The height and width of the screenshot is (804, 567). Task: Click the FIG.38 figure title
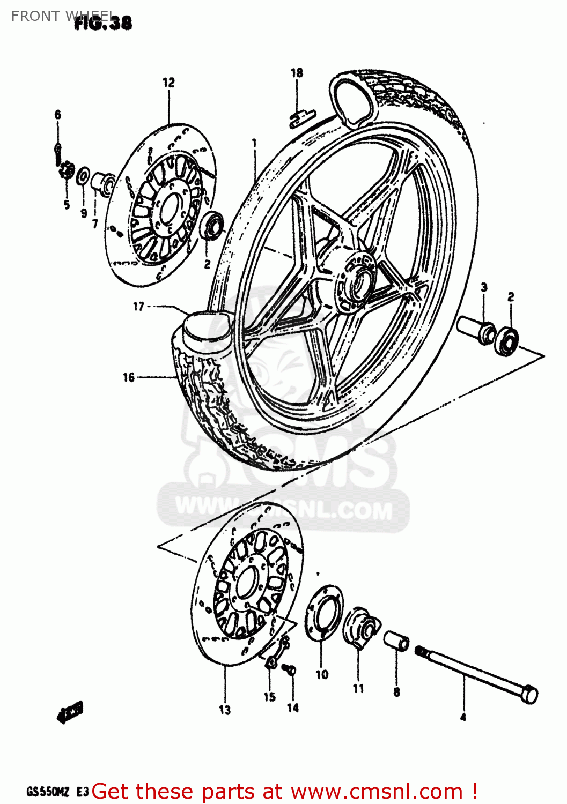point(102,23)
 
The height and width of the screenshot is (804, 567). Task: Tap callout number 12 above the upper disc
point(168,83)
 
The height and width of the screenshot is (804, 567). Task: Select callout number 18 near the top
point(297,73)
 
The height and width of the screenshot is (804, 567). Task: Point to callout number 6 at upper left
point(58,114)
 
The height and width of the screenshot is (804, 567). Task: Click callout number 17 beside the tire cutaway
point(138,307)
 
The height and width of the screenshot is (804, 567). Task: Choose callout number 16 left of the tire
point(129,377)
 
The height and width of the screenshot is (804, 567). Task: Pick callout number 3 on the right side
point(484,287)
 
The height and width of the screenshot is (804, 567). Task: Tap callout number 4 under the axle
point(463,717)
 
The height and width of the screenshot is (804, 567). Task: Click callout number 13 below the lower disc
point(225,710)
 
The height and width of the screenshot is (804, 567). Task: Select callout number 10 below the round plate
point(322,674)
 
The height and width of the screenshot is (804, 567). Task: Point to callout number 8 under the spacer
point(396,692)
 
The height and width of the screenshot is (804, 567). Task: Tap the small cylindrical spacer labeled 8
point(396,640)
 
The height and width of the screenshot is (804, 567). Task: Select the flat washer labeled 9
point(83,175)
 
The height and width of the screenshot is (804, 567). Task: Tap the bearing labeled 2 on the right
point(506,340)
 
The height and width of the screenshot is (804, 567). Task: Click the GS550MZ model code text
point(48,792)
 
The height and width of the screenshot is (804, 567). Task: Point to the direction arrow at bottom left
point(70,713)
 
